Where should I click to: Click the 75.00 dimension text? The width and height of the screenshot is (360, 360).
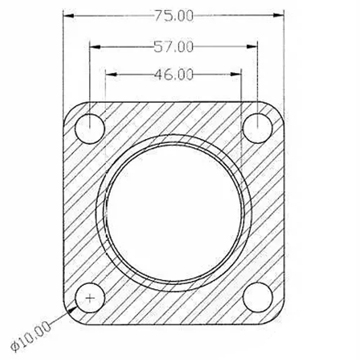pos(174,16)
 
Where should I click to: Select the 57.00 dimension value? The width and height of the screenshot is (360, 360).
pos(174,46)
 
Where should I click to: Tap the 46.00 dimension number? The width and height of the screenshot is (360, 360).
pos(174,75)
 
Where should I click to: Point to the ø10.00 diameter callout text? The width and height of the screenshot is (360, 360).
pos(31,336)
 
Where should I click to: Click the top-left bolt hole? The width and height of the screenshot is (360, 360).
pos(90,129)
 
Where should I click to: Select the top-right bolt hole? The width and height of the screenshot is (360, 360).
pos(257,129)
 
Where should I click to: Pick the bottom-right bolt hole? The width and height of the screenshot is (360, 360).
pos(258,297)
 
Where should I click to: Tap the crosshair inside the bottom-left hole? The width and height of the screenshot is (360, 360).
pos(90,298)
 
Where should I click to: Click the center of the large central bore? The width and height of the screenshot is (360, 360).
pos(174,213)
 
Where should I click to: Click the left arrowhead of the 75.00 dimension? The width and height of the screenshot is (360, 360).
pos(68,15)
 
